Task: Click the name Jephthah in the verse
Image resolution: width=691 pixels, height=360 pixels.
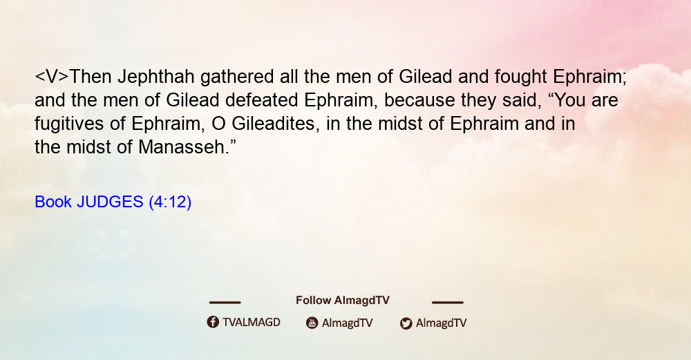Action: (156, 77)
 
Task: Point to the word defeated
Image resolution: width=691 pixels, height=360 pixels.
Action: (262, 100)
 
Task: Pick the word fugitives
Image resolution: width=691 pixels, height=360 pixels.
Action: (69, 124)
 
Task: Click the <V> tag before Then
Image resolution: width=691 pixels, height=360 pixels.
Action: (52, 77)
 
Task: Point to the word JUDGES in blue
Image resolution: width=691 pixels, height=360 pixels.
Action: (110, 202)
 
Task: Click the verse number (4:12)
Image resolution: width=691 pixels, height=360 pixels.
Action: (170, 202)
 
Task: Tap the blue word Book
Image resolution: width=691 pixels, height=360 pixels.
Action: (53, 202)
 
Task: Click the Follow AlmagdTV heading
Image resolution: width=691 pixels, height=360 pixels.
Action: (343, 301)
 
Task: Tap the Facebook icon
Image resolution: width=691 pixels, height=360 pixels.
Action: (213, 322)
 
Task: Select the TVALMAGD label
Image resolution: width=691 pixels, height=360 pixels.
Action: (252, 322)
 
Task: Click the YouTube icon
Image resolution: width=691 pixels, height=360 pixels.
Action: (312, 323)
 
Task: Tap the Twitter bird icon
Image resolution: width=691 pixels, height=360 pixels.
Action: (406, 323)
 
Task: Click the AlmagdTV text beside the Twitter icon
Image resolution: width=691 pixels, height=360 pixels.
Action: (441, 323)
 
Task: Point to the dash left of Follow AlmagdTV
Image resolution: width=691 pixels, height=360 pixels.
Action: (225, 302)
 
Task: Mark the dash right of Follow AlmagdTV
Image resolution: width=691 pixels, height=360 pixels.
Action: (448, 302)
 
